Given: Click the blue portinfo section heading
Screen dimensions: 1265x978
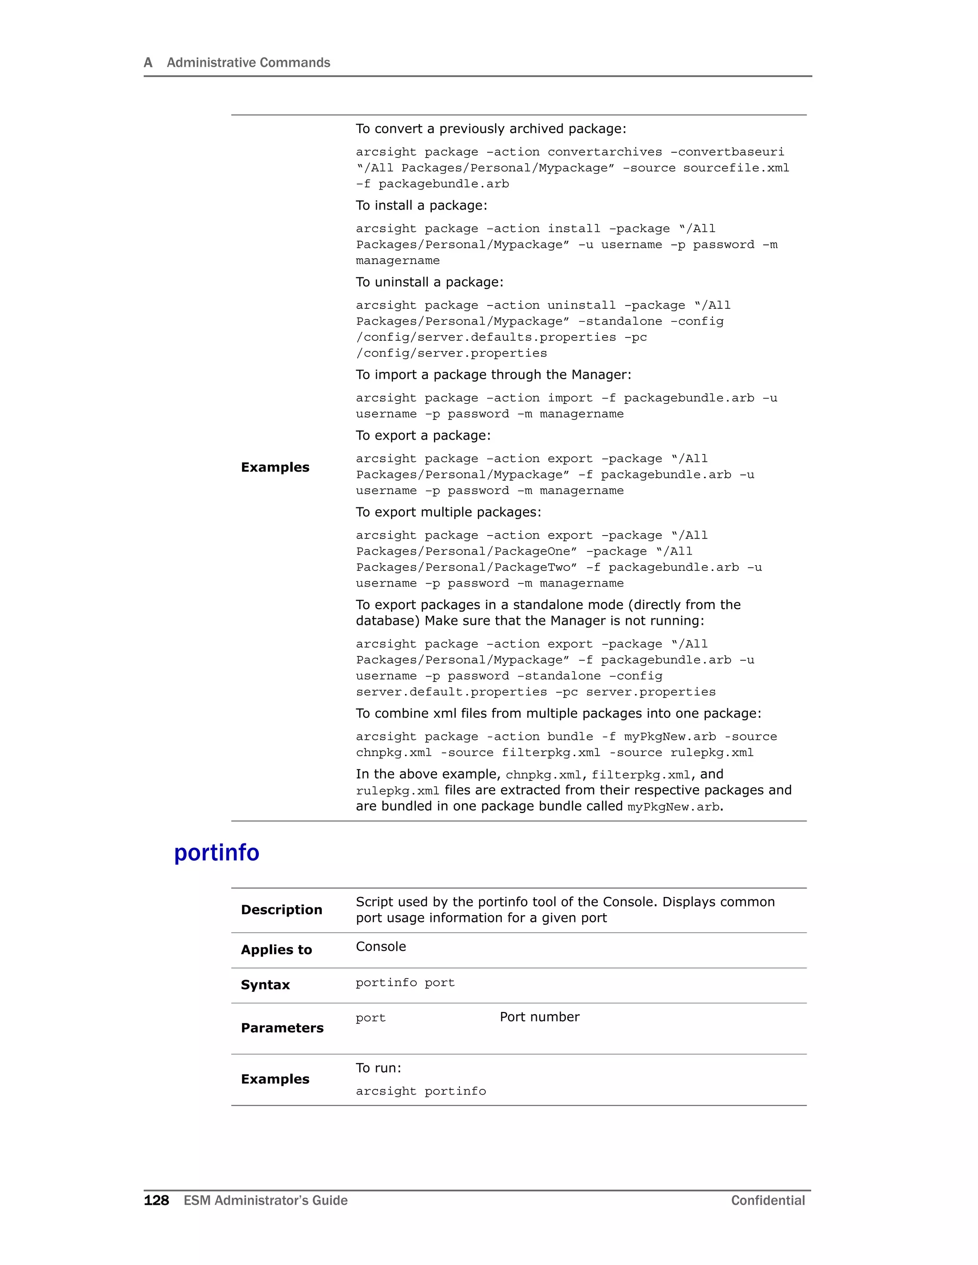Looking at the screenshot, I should pyautogui.click(x=217, y=853).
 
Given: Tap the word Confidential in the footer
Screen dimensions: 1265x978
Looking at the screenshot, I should pyautogui.click(x=768, y=1200).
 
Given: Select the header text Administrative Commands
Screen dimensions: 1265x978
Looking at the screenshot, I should pyautogui.click(x=248, y=63).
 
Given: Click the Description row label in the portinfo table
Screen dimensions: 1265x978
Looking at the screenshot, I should pyautogui.click(x=282, y=909).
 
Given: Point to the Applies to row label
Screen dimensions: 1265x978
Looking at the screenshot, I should pyautogui.click(x=276, y=949).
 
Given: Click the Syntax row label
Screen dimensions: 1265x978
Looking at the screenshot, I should pyautogui.click(x=266, y=985).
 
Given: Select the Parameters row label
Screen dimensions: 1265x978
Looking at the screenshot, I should pyautogui.click(x=282, y=1028).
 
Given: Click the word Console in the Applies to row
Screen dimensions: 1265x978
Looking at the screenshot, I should pyautogui.click(x=381, y=947).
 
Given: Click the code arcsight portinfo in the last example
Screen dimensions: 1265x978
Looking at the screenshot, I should pyautogui.click(x=421, y=1091).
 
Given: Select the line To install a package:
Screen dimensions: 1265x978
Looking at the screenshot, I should pyautogui.click(x=421, y=206).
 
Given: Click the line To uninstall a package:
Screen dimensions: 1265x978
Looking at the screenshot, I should pyautogui.click(x=429, y=282).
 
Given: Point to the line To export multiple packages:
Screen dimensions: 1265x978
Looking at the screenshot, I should pyautogui.click(x=448, y=512).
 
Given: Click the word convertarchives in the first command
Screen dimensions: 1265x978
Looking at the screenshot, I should pyautogui.click(x=604, y=152).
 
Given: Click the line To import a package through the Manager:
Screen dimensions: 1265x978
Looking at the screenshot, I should pyautogui.click(x=493, y=375).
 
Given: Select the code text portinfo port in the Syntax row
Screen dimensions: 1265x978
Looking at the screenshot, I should pyautogui.click(x=405, y=982).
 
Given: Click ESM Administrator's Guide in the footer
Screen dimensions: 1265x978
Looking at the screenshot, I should pyautogui.click(x=266, y=1200).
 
